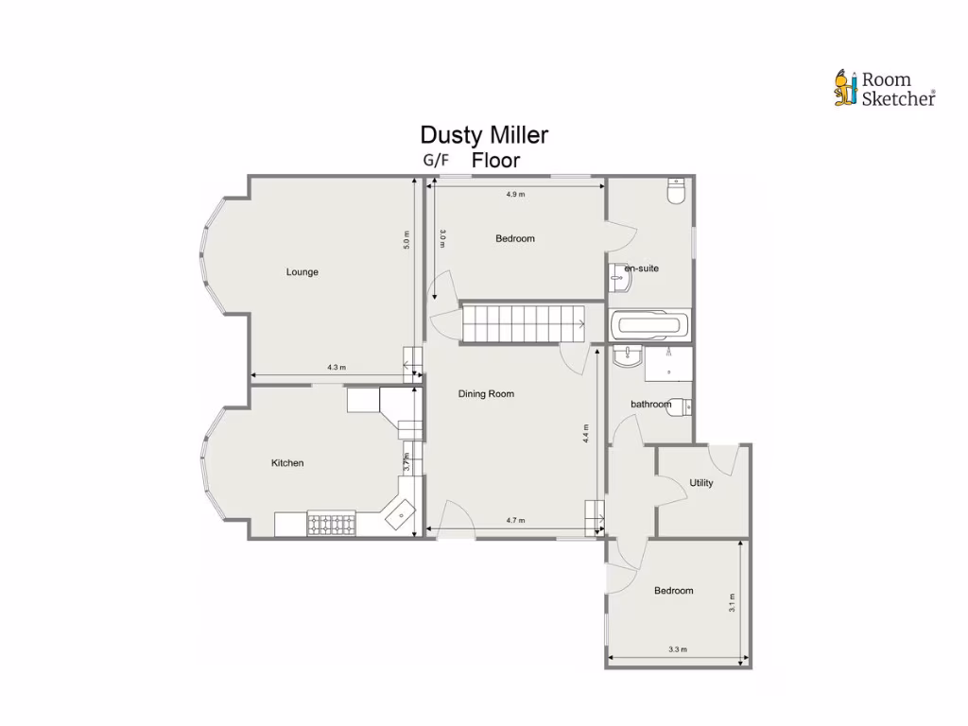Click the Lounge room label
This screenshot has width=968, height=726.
click(302, 272)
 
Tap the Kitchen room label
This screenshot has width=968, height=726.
click(287, 463)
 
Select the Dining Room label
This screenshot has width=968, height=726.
click(486, 394)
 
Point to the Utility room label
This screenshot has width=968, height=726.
click(701, 483)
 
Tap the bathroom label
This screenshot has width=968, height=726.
click(650, 405)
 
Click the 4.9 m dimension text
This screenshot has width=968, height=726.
click(515, 194)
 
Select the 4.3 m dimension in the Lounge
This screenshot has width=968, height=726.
click(337, 367)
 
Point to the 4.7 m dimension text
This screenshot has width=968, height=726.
click(515, 521)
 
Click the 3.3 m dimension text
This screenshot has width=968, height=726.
click(677, 649)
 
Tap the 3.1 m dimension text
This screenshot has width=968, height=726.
click(732, 602)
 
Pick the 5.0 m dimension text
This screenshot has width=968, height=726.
click(406, 240)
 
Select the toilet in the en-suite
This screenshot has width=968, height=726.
click(675, 192)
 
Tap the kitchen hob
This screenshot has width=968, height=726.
click(332, 523)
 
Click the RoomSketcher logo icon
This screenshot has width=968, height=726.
click(845, 88)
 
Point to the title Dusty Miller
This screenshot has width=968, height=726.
click(484, 135)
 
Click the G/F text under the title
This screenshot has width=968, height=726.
click(436, 161)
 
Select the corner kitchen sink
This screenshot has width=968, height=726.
click(401, 511)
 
